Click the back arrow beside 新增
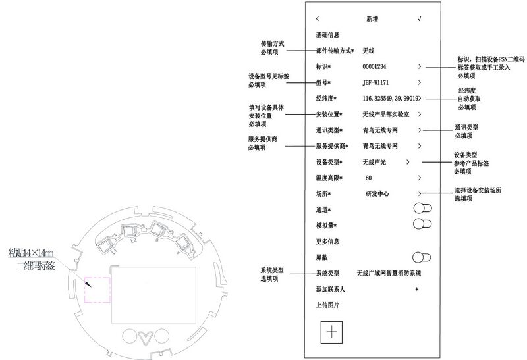318,18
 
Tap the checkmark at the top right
419,18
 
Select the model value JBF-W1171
377,83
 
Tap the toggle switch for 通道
421,209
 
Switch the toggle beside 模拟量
421,224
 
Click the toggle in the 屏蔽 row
421,257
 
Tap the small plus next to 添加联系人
417,289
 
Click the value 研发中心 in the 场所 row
377,194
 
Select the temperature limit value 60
368,178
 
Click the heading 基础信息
328,35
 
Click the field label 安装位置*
331,115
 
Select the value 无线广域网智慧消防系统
388,273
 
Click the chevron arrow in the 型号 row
419,83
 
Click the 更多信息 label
328,241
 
